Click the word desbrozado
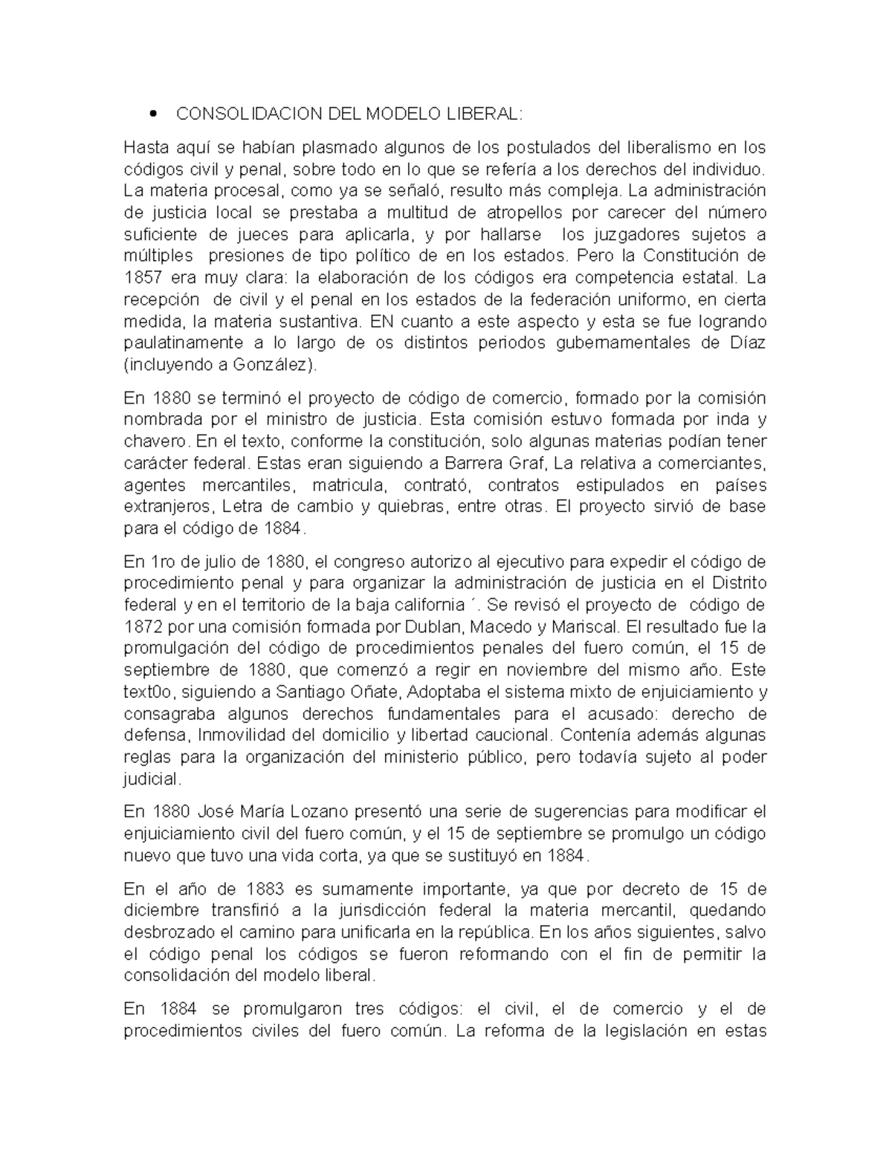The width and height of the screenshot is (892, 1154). pos(168,933)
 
